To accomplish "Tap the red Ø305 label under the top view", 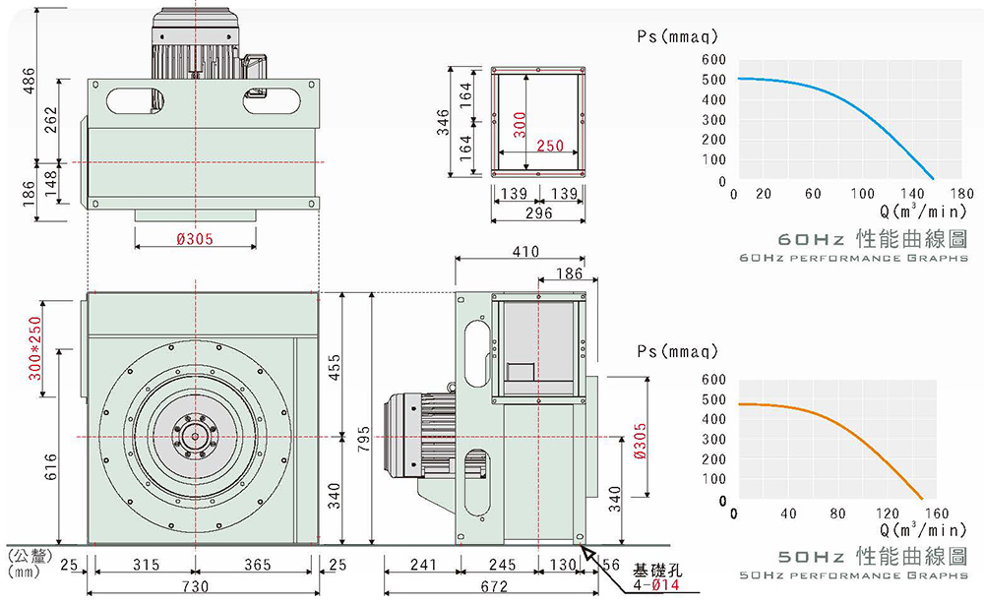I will [194, 239].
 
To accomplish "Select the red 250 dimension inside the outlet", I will [550, 146].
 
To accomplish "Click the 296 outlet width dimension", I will [539, 212].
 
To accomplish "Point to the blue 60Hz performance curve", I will [846, 108].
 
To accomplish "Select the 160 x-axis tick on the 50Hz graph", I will [937, 513].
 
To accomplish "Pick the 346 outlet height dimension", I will [444, 122].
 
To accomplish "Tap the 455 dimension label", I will [335, 366].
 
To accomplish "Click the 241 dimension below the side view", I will [422, 566].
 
